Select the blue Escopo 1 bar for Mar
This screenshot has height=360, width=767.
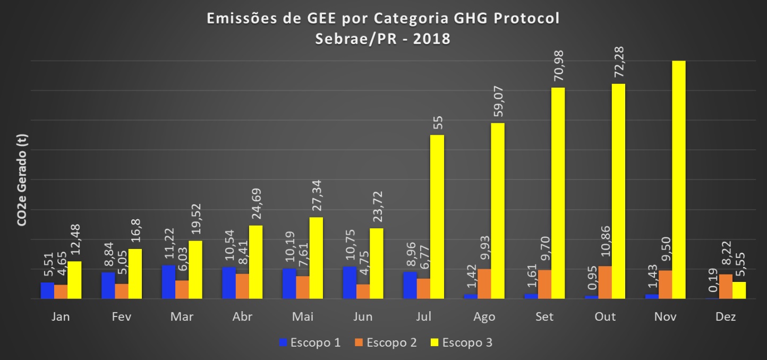coord(168,281)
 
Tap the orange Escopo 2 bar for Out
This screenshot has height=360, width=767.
coord(605,282)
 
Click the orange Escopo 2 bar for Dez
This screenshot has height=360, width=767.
coord(726,286)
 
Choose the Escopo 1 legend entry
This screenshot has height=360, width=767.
coord(309,342)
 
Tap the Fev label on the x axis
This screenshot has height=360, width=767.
coord(122,317)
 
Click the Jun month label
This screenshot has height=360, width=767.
coord(363,317)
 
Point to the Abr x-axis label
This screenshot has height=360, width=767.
coord(242,317)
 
